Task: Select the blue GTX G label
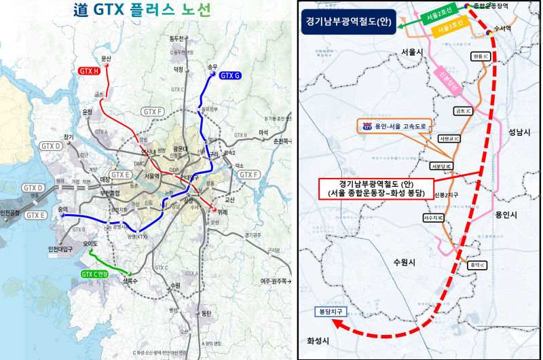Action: pos(230,75)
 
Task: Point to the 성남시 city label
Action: pos(521,133)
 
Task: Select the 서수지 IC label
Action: pos(433,218)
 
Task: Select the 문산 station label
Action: pos(105,58)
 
